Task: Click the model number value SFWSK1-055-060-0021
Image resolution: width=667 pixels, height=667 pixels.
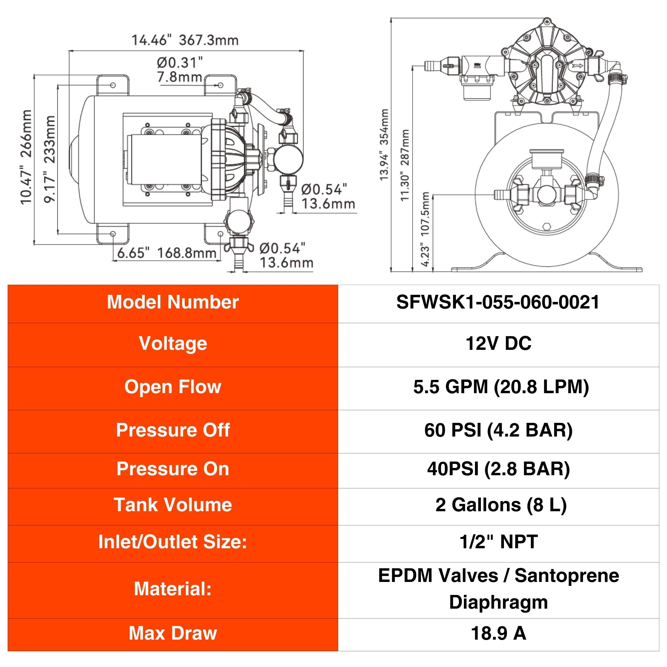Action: coord(498,302)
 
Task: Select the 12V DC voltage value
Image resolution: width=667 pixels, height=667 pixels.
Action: coord(499,344)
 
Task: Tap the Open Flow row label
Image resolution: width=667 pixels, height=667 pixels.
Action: coord(173,387)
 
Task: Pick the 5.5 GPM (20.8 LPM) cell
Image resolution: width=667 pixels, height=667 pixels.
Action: coord(501,387)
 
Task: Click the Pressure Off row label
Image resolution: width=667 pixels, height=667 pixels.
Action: coord(173,430)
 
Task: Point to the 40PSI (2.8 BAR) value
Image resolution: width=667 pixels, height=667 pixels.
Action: coord(498,469)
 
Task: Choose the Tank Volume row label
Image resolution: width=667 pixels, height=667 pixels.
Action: coord(173,505)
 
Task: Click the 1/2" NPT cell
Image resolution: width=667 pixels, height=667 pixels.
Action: coord(499,541)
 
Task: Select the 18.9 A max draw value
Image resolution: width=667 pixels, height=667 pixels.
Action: coord(499,633)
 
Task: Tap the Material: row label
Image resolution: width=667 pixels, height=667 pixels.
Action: coord(173,589)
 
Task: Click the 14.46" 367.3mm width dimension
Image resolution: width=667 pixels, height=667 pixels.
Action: coord(185,40)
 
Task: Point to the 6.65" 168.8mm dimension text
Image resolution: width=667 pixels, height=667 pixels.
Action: coord(167,253)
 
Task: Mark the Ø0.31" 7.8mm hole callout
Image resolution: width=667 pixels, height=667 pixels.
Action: coord(179,70)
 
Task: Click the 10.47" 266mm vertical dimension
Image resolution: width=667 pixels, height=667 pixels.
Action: coord(26,157)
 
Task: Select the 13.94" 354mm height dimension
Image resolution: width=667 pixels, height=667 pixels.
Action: coord(384,145)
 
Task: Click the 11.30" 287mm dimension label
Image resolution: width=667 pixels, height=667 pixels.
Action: coord(405,165)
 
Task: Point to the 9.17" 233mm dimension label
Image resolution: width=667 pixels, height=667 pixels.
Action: coord(50,159)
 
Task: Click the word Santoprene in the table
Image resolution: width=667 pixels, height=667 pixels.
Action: coord(567,576)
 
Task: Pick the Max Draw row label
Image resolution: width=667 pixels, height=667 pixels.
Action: coord(173,633)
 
